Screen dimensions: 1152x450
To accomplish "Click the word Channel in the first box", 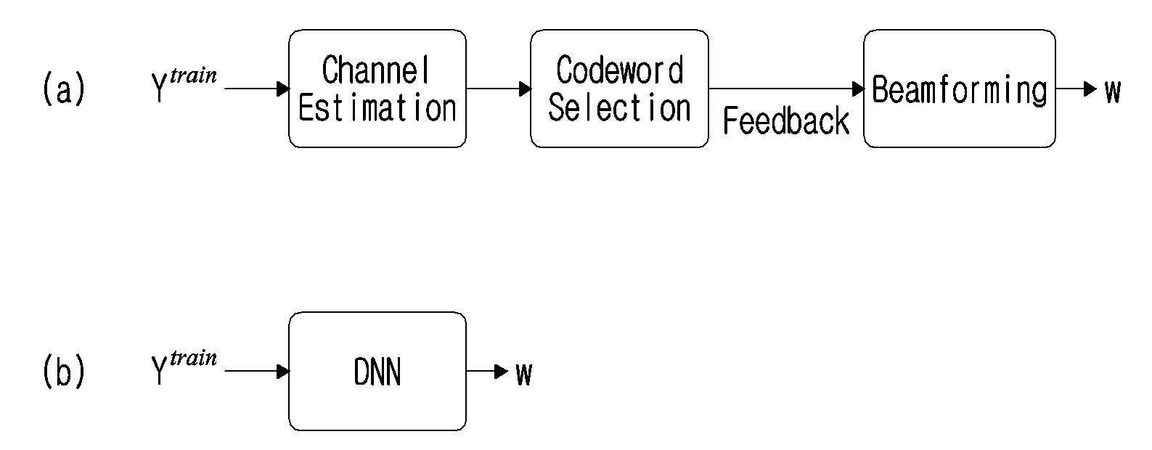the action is tap(376, 70).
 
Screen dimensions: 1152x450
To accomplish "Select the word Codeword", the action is tap(620, 70).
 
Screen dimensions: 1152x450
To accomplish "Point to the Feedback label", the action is tap(786, 121).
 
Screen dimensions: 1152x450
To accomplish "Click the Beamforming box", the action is tap(959, 89).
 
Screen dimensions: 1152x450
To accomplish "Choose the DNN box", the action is tap(377, 371).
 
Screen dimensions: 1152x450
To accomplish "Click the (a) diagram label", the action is tap(64, 89).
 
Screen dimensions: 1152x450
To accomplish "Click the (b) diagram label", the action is tap(64, 371).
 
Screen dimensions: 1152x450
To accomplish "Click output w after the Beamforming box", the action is tap(1112, 92).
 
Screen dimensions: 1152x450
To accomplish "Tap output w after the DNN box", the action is tap(524, 374).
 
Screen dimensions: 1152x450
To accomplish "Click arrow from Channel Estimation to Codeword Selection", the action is tap(499, 89).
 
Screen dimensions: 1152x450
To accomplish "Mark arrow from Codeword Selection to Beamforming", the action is tap(786, 89).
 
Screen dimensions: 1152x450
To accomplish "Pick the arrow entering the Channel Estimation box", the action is tap(257, 89).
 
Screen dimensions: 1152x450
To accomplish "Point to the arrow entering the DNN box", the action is tap(257, 371).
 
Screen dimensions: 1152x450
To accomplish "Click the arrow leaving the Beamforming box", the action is tap(1076, 89).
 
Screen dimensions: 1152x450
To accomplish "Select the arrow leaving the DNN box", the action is tap(487, 371).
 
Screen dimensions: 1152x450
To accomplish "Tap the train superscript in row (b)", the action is tap(193, 357).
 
